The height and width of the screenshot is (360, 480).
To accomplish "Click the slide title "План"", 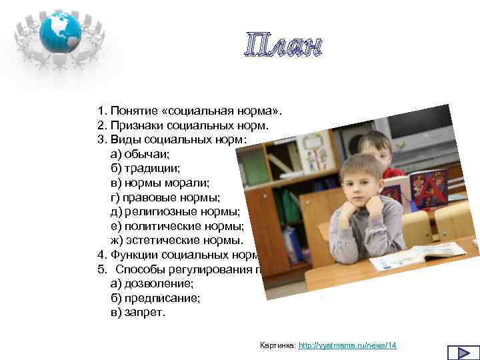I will click(282, 46).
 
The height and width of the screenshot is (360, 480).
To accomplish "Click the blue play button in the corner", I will click(459, 353).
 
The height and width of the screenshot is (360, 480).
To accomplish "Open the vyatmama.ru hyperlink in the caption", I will click(347, 345).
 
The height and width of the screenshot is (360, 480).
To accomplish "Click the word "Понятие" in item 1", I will click(130, 109).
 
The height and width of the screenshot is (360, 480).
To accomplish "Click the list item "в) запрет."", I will click(137, 312).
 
